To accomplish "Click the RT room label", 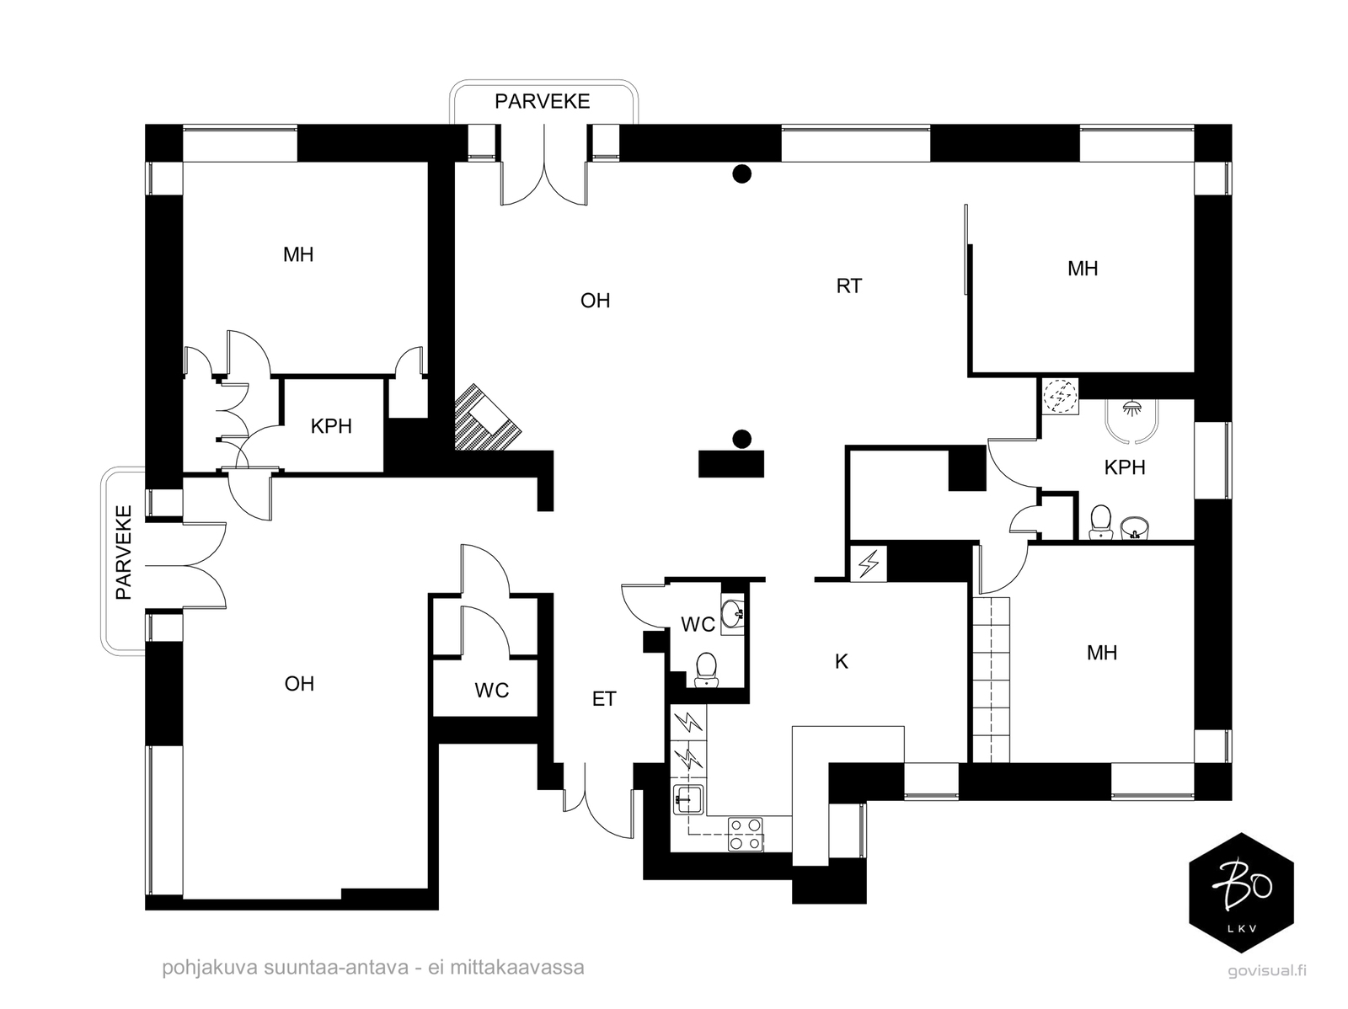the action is (x=848, y=286).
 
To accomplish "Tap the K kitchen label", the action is (x=841, y=661).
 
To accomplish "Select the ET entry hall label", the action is (x=604, y=699).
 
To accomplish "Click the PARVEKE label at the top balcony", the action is (x=543, y=101).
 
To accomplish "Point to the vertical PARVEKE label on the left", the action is (x=124, y=553).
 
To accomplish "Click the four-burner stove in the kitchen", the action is (x=746, y=834).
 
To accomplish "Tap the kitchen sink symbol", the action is (x=688, y=799).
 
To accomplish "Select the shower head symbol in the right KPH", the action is (x=1130, y=406).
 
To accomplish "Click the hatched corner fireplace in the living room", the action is (x=487, y=418).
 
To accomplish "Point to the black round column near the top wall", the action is (x=742, y=174).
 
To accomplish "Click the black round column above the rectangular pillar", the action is (x=742, y=439).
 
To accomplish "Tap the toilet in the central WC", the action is (x=706, y=670).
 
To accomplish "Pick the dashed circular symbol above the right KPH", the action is (x=1061, y=397).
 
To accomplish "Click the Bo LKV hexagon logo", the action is (x=1241, y=893).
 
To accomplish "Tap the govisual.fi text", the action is (x=1267, y=970).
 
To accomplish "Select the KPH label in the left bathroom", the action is (x=331, y=426).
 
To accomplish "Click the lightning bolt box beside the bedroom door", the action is (x=869, y=563).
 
